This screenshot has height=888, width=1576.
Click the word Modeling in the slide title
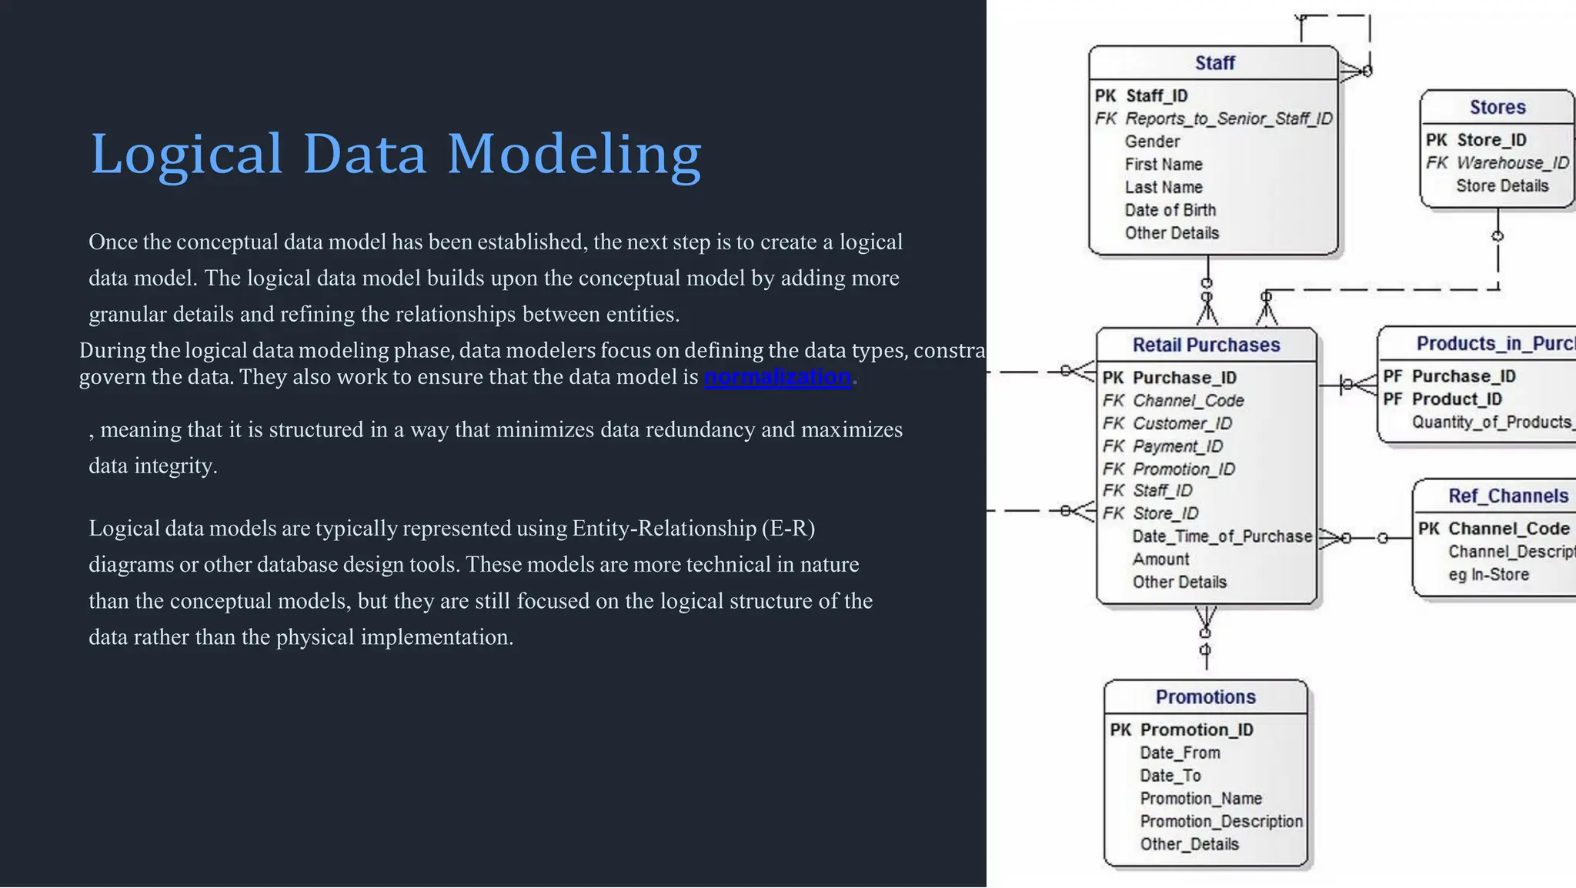pos(573,154)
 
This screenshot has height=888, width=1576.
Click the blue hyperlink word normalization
pos(777,377)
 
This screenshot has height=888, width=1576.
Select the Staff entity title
pos(1214,63)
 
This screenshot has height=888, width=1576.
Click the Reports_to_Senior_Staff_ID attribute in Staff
pos(1228,119)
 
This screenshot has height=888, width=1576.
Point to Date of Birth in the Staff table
pos(1170,210)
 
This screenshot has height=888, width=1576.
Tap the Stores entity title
pos(1497,107)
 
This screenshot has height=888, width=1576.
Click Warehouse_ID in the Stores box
pos(1512,163)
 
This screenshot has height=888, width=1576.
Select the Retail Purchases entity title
pos(1206,345)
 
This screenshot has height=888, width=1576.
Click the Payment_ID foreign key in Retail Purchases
pos(1177,446)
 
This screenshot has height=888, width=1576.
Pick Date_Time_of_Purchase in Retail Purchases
pos(1221,536)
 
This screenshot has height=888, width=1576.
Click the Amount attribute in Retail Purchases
pos(1160,559)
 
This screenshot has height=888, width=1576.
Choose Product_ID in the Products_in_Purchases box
pos(1456,399)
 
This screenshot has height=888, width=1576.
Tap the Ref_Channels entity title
pos(1508,496)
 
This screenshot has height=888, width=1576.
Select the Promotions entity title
pos(1205,697)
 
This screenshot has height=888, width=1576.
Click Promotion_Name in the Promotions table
pos(1200,799)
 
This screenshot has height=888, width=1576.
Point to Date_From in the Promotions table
pos(1180,753)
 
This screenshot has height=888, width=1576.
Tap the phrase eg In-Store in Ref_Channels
pos(1488,575)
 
